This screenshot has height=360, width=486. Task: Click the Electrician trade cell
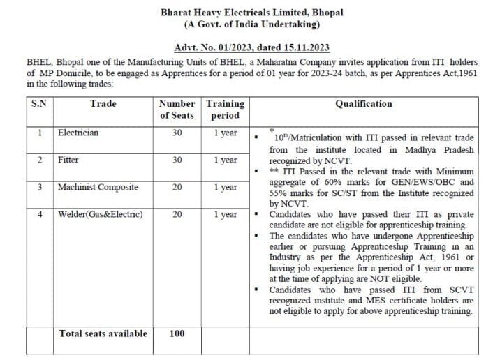[x=78, y=133]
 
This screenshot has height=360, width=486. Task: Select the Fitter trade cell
[x=68, y=160]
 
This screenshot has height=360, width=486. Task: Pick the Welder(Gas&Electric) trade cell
[x=100, y=214]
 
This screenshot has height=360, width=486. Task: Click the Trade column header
[x=103, y=104]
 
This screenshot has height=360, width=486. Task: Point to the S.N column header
[x=39, y=104]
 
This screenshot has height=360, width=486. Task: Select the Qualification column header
[x=364, y=104]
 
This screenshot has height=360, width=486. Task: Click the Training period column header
[x=225, y=110]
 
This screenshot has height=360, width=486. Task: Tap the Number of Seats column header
[x=177, y=110]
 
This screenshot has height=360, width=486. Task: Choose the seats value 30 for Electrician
[x=177, y=133]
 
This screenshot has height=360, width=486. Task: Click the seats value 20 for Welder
[x=177, y=214]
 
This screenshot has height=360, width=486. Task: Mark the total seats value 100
[x=177, y=333]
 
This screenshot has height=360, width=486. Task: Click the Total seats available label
[x=103, y=333]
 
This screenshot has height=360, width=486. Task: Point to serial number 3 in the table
[x=40, y=187]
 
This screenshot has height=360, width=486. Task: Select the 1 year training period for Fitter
[x=225, y=160]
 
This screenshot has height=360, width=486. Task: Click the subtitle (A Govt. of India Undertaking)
[x=251, y=24]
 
